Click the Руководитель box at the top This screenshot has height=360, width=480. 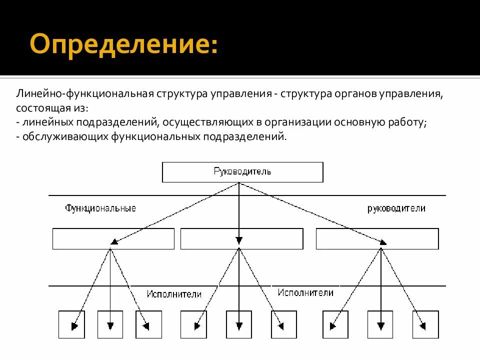[242, 172]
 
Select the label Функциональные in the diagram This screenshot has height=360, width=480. [100, 208]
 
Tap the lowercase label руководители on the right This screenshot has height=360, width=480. [396, 208]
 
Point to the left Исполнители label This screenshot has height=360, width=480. [174, 294]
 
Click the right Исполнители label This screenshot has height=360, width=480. [305, 292]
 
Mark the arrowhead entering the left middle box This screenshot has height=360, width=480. [114, 241]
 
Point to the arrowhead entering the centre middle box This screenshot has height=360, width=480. [239, 239]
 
